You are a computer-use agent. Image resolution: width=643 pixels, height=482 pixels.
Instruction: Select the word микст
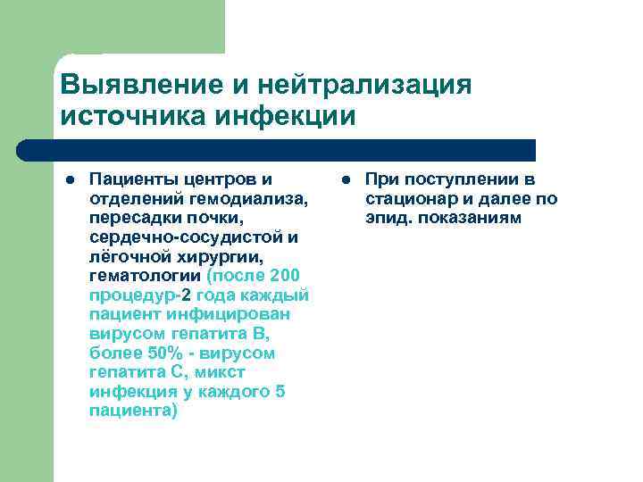222,372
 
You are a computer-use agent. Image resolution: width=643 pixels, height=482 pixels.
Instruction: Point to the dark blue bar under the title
295,149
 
